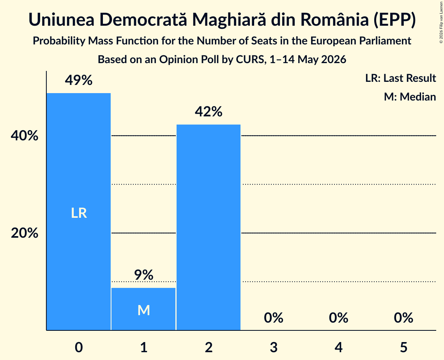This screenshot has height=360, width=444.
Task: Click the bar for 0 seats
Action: click(x=79, y=212)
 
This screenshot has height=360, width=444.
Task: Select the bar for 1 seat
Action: click(x=143, y=309)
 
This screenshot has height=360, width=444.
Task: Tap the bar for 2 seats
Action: click(x=209, y=227)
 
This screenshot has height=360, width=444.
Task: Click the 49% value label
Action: click(x=79, y=80)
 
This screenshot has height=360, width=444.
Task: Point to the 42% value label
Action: click(x=209, y=111)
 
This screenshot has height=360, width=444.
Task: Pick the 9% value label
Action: click(x=143, y=275)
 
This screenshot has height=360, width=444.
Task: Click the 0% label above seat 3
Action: click(x=274, y=318)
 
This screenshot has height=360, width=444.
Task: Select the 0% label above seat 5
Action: click(x=403, y=318)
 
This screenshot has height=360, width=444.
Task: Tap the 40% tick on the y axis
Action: click(x=25, y=136)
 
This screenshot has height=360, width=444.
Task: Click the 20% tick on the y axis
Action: click(x=25, y=233)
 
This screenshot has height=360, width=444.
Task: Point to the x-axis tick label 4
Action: click(x=339, y=347)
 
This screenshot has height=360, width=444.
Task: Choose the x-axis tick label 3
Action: click(x=274, y=347)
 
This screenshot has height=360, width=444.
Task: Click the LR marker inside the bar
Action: click(x=79, y=213)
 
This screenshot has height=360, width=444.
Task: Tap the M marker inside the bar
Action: click(x=143, y=310)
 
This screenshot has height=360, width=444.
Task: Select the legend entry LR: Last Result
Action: click(x=400, y=78)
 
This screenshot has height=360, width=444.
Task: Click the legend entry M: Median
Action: click(x=410, y=97)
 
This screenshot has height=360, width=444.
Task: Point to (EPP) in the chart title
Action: click(x=394, y=20)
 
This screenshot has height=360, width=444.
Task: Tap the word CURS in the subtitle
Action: click(x=249, y=60)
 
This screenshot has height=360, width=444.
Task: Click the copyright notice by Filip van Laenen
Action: click(x=441, y=22)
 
